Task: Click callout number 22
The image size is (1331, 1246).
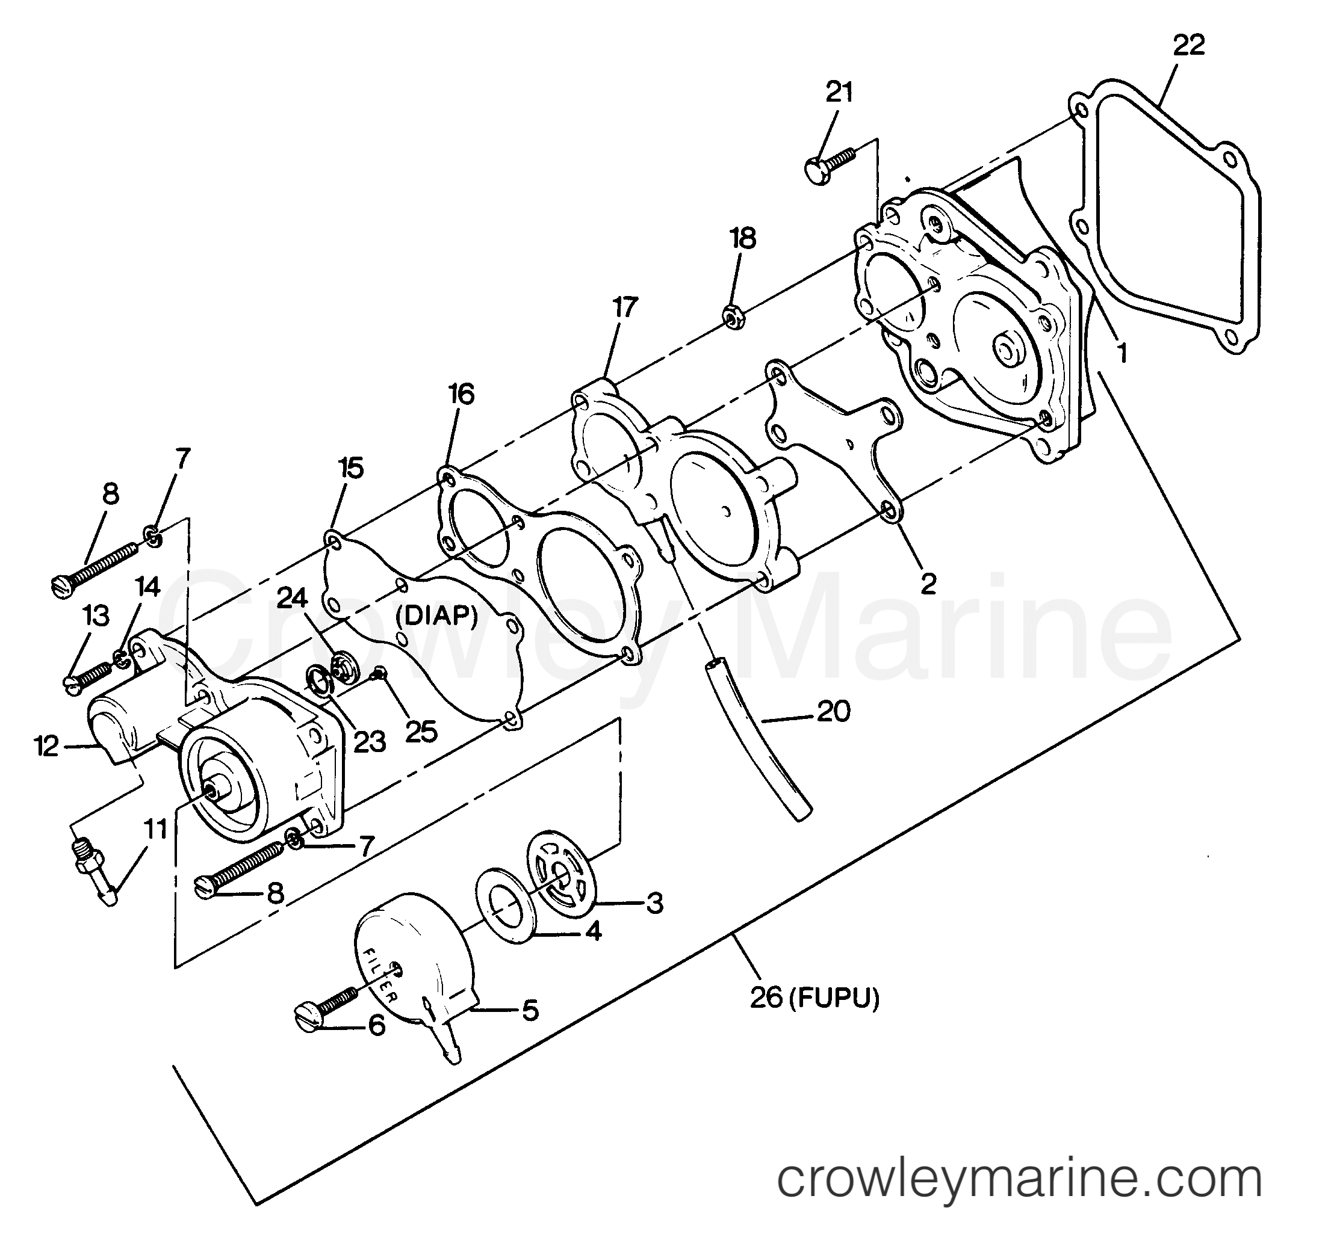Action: click(1189, 45)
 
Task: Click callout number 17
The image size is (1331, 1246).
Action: click(625, 308)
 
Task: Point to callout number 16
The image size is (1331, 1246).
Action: click(461, 394)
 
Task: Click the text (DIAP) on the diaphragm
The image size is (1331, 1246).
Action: click(436, 615)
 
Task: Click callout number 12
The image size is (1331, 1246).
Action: click(47, 746)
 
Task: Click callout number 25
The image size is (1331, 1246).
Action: click(421, 732)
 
